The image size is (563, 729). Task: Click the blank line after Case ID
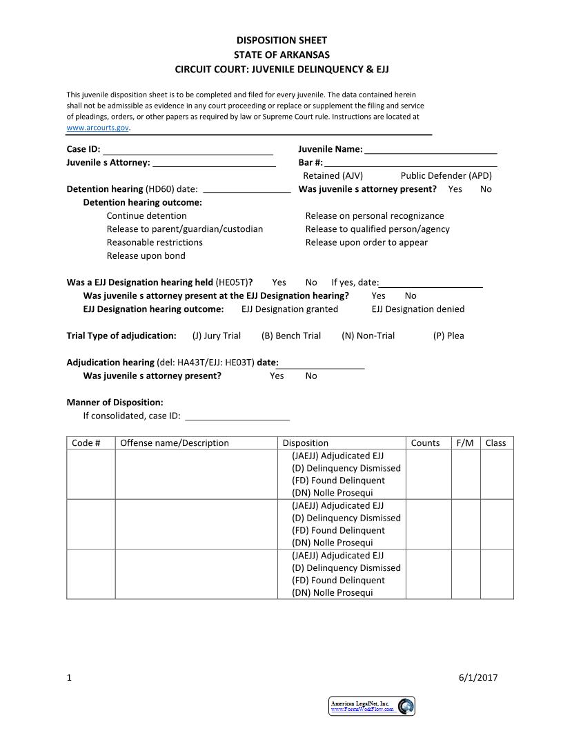coord(188,150)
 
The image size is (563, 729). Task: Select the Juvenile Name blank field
coord(431,150)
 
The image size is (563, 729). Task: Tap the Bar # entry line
coord(411,163)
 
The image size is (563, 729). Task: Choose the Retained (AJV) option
coord(333,176)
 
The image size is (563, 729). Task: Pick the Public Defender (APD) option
coord(446,176)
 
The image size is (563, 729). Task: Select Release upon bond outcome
coord(146,256)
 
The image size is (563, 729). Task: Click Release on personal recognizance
coord(374,216)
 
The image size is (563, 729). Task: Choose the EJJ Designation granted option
coord(290,309)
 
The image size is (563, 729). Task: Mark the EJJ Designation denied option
coord(417,309)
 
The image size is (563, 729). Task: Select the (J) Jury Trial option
coord(216,336)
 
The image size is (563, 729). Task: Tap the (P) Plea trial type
coord(448,336)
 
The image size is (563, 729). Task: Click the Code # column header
coord(86,443)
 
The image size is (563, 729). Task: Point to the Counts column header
coord(425,443)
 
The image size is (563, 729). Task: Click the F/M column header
coord(465,443)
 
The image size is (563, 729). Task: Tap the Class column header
coord(495,443)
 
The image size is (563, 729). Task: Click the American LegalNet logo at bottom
coord(371,706)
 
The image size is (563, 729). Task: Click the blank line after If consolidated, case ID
coord(237,416)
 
